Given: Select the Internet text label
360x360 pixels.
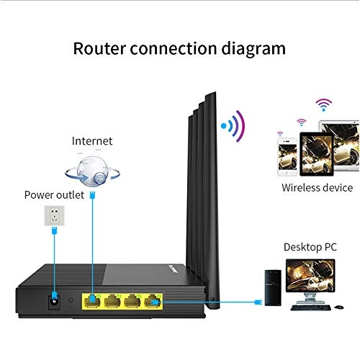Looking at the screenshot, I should tap(92, 140).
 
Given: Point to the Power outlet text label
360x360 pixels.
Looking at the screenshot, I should tap(54, 194).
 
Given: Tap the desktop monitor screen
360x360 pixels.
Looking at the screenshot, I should tap(307, 277).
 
